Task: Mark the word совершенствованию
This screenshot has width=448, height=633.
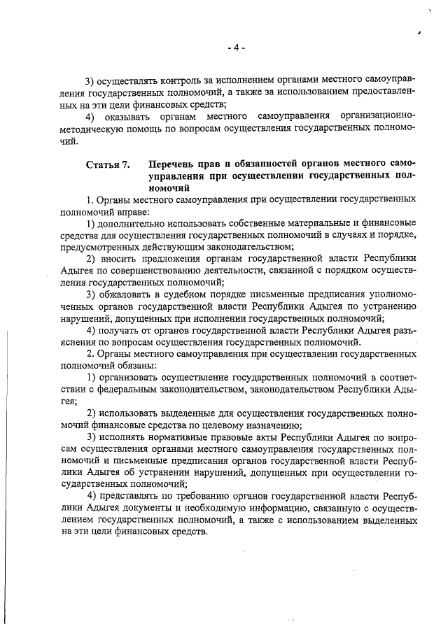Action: click(138, 271)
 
